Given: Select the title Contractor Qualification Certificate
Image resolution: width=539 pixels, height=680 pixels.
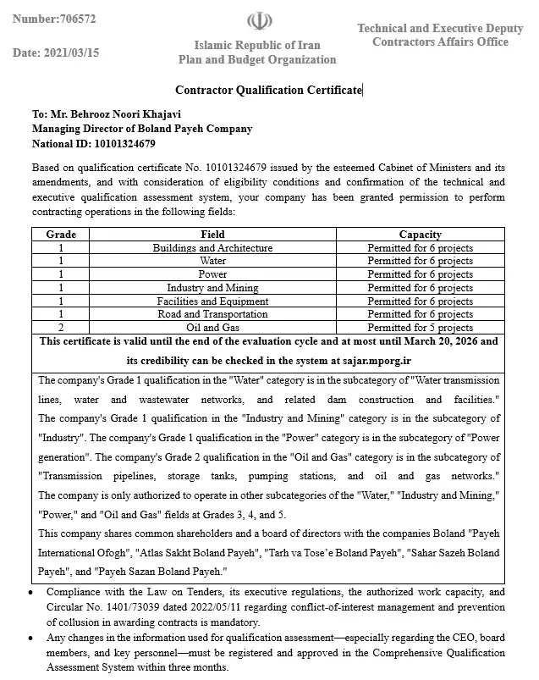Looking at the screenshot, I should [x=268, y=90].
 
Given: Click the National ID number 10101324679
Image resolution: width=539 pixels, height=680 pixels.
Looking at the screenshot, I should [x=119, y=143].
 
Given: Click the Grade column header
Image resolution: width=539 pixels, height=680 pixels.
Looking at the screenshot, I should [x=61, y=235].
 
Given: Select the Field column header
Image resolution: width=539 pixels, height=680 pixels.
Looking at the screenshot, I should [x=212, y=235].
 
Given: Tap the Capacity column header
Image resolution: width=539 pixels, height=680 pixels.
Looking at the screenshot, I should [x=420, y=235].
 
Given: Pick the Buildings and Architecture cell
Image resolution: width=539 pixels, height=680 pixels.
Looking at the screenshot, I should [x=212, y=248].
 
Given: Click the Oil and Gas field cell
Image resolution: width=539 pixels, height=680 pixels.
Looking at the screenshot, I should [x=212, y=328].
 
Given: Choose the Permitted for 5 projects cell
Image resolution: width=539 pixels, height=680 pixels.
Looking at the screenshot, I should [x=420, y=328].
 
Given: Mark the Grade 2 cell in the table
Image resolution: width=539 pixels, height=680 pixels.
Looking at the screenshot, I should [x=61, y=328].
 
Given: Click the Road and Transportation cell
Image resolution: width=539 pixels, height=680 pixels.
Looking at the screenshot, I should [x=212, y=314].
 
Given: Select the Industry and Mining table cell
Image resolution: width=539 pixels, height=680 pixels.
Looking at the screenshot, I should [x=212, y=288].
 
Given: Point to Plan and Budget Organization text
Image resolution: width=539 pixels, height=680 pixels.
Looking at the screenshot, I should [x=256, y=59].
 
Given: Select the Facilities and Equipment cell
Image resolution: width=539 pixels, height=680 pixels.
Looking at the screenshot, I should [x=212, y=301].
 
